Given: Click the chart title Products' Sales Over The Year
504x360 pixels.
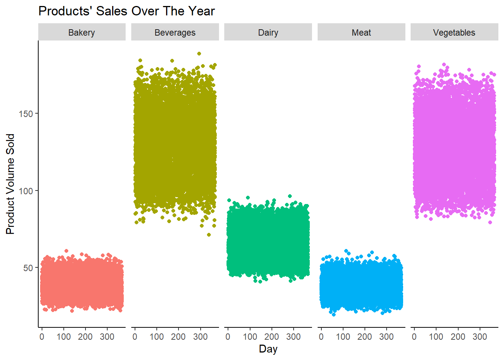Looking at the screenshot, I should point(126,11).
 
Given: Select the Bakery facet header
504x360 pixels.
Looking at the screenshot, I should point(82,33).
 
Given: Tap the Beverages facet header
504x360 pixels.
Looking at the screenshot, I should point(175,33).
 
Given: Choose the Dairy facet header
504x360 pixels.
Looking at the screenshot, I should point(268,33).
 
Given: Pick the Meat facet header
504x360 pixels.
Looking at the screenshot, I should point(361,33).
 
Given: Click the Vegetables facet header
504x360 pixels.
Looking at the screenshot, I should point(454,33).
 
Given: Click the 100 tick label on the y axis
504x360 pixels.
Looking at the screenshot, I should point(26,191).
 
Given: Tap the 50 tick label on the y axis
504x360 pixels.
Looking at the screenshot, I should point(28,268).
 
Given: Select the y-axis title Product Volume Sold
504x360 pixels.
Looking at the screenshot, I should point(10,184).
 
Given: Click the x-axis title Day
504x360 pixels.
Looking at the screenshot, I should point(268,349).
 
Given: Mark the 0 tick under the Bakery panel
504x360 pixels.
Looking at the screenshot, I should point(42,337).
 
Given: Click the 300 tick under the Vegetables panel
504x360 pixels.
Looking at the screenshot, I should point(480,337).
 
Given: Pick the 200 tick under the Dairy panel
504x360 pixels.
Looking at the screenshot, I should point(271,337).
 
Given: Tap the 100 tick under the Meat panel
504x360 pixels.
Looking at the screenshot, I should point(343,337).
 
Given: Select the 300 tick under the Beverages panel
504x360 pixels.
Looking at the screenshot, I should point(200,337).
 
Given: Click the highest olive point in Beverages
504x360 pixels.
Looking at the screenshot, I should point(199,54).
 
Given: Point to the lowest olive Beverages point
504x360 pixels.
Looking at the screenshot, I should point(209,235).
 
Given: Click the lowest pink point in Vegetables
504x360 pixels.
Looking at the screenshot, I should point(490,222).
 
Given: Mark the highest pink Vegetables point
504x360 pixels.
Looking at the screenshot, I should point(444,65).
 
